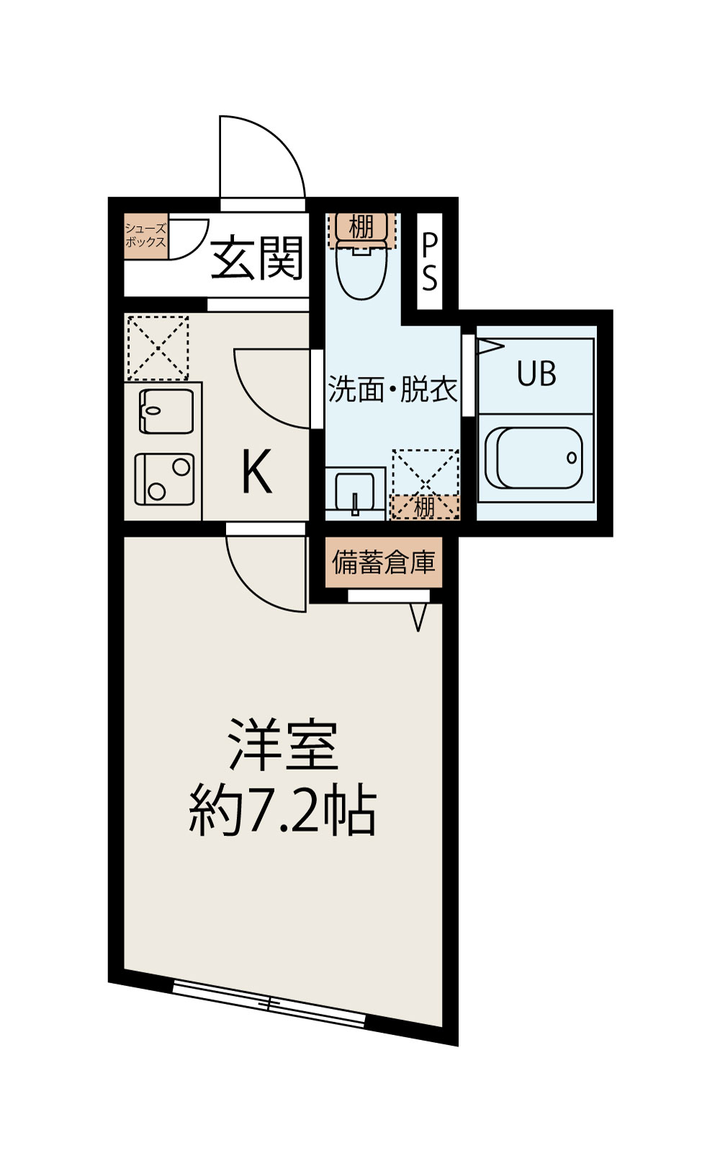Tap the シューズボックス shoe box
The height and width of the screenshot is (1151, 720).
(145, 236)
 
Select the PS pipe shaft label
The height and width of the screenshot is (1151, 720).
(429, 262)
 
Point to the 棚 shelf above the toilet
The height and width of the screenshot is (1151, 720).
(361, 226)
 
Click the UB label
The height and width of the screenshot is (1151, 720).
(536, 374)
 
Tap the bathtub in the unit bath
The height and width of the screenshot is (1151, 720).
(534, 458)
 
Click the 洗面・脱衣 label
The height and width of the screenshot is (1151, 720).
(392, 389)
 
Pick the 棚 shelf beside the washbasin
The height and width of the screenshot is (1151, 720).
(424, 507)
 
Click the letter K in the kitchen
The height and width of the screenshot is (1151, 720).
(256, 471)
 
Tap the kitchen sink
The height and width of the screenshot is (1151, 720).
(166, 411)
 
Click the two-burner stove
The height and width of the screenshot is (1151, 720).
(165, 479)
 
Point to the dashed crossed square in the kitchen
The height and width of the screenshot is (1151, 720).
(158, 347)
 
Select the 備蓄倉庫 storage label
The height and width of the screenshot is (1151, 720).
(384, 562)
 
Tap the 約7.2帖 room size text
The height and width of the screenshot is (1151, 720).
(282, 812)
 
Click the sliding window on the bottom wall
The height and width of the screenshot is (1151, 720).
(269, 1002)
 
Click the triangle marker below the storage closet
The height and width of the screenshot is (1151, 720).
(418, 616)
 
